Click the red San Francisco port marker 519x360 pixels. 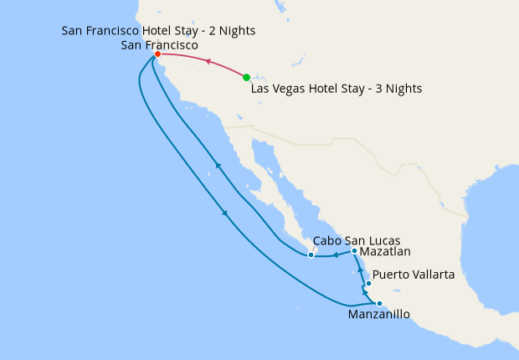pos(157,54)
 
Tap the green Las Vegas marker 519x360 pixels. pos(246,78)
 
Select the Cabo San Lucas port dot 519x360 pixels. pos(311,255)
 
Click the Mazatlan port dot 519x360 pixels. pos(355,251)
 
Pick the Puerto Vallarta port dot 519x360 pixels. pos(368,283)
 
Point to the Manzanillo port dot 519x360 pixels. pos(379,304)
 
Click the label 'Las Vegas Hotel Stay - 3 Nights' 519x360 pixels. pos(337,88)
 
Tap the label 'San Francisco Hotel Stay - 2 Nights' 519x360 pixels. pos(159,31)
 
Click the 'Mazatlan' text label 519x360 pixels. pos(386,251)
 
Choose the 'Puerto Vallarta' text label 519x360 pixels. pos(414,274)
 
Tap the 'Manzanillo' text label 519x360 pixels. pos(378,316)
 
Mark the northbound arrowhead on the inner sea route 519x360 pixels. pos(218,165)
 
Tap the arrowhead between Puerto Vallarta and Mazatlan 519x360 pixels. pos(360,270)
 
